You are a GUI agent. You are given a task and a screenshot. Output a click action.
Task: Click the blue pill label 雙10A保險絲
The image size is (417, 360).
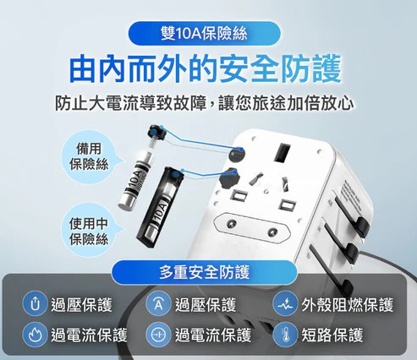204,34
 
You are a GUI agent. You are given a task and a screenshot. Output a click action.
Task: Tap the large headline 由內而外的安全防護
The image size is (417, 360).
206,69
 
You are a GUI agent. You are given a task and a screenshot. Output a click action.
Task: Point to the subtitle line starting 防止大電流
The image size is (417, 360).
204,103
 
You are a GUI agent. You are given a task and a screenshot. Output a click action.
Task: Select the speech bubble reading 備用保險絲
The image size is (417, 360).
89,156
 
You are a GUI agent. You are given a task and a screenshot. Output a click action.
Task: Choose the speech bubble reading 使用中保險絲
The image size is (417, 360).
89,231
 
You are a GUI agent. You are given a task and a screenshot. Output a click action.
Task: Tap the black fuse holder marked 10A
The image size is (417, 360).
160,207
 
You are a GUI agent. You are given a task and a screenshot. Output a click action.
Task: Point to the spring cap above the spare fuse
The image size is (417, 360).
156,134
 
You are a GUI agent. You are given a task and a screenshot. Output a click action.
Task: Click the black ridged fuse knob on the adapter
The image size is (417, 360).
228,178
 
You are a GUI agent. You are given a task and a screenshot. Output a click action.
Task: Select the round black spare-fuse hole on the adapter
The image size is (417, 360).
236,155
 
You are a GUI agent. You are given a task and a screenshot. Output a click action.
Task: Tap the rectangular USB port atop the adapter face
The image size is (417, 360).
282,153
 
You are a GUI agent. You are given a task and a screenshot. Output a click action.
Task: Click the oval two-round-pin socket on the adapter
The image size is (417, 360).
251,228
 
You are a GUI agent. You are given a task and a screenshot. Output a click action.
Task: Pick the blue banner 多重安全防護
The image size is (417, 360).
204,272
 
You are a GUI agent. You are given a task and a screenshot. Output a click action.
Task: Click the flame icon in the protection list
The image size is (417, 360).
35,335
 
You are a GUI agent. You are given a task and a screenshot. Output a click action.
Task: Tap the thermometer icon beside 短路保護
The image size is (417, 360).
285,335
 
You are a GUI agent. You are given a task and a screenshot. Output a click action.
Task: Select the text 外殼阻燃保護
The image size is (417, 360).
347,305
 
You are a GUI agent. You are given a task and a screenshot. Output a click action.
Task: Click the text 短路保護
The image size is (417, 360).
332,335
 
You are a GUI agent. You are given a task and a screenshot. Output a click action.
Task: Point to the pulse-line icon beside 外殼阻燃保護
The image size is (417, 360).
285,305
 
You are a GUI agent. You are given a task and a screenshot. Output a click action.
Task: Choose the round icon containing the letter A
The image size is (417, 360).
158,305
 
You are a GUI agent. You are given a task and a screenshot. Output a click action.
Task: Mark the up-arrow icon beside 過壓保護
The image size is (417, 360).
35,305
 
